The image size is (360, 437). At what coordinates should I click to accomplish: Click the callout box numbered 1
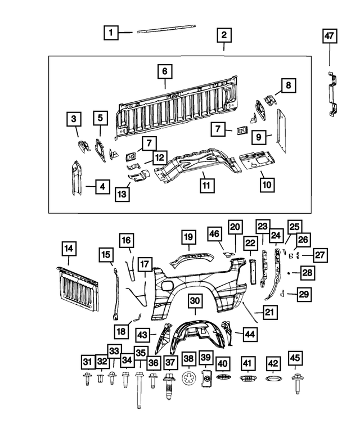tap(111, 33)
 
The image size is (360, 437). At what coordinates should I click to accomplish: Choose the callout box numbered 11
tap(206, 183)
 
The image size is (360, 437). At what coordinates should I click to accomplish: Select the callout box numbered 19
tap(188, 238)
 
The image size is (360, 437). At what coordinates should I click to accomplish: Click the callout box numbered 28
tap(308, 272)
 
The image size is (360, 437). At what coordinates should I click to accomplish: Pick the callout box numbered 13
tap(123, 195)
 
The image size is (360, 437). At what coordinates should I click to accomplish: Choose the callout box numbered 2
tap(223, 35)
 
